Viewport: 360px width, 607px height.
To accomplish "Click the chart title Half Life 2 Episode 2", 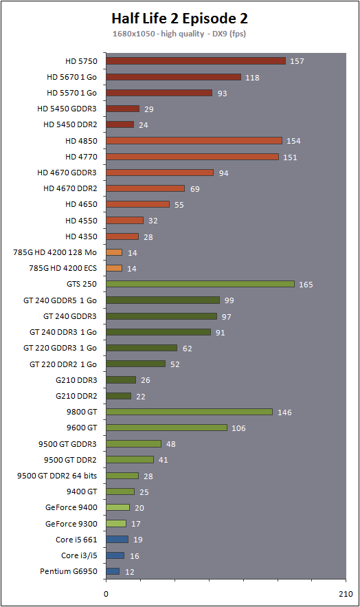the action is tap(180, 18).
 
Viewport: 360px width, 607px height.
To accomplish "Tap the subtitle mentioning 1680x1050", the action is tap(179, 34).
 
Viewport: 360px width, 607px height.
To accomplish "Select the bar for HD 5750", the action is tap(196, 60).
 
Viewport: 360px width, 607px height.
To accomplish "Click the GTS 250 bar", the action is tap(201, 284).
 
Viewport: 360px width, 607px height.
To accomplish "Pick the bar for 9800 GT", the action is tap(189, 412).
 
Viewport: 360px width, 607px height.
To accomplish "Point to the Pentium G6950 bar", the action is tap(113, 571).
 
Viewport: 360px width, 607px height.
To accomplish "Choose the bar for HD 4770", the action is tap(192, 157).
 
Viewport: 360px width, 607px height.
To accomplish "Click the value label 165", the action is tap(306, 285).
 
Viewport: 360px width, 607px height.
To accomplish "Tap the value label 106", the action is tap(238, 428).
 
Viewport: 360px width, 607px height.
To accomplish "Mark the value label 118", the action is tap(252, 78).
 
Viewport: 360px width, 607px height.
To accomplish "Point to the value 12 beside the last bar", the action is tap(130, 572).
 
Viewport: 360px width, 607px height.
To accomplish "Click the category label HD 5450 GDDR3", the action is tap(67, 109).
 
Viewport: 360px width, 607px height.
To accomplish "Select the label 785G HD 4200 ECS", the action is tap(63, 268).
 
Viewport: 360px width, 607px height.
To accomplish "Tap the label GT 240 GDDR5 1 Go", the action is tap(60, 300).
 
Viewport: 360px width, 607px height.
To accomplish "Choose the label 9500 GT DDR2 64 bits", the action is tap(57, 476).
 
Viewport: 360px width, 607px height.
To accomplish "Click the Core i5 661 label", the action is tap(76, 540).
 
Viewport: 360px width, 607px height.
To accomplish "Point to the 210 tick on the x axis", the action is tap(346, 594).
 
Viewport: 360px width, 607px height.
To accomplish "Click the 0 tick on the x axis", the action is tap(106, 594).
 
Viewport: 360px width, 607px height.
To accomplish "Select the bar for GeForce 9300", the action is tap(116, 523).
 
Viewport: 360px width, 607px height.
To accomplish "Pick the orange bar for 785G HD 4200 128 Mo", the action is tap(114, 252).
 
